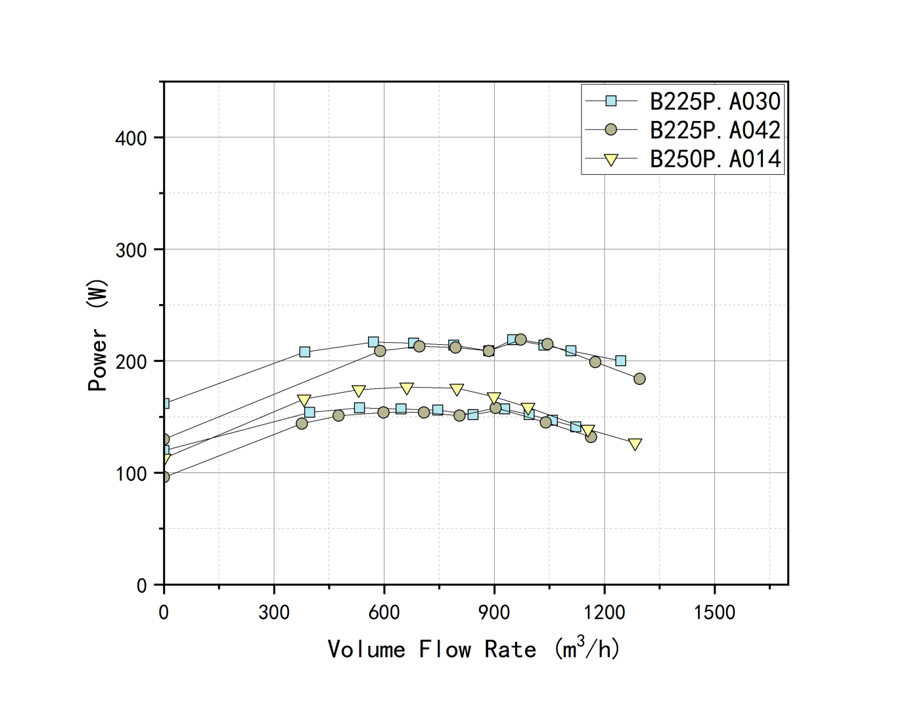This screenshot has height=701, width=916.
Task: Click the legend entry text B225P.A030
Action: (715, 101)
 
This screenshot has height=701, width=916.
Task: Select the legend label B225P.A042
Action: (715, 130)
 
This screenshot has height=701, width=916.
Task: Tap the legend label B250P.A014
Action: (715, 159)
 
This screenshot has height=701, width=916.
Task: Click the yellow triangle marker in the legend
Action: (611, 160)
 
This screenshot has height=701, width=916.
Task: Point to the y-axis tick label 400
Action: (131, 138)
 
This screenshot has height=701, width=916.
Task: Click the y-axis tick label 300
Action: (131, 250)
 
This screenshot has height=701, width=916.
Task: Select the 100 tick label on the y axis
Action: (131, 473)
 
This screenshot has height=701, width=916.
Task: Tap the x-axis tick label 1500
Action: (714, 612)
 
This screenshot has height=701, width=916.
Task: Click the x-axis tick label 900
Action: (494, 612)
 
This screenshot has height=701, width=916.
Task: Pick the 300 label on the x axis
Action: (274, 612)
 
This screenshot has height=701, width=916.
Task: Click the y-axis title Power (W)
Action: (97, 335)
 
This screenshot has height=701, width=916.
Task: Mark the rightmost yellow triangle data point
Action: (635, 445)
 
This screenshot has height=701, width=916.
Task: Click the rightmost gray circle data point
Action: (639, 378)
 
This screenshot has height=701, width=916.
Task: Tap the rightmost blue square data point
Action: (620, 361)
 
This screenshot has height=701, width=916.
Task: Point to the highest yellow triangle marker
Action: (407, 388)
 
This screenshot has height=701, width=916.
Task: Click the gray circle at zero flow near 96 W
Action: (164, 477)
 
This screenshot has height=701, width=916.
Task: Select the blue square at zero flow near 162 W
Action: (164, 403)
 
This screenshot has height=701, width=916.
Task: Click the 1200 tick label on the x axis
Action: (605, 612)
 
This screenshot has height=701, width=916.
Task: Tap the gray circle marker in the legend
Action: (611, 129)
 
